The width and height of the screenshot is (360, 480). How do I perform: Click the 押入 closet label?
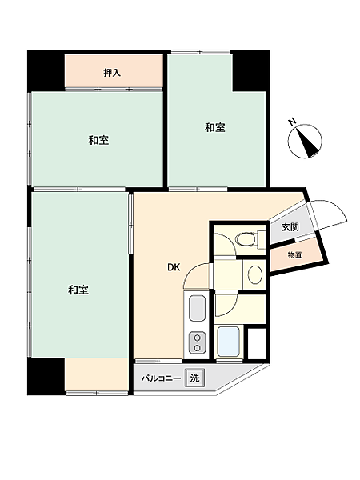click(x=112, y=73)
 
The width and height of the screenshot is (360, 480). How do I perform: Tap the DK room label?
click(x=174, y=268)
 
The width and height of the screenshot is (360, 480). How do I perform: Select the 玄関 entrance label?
click(x=290, y=227)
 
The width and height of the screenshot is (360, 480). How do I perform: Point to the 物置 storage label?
click(x=294, y=255)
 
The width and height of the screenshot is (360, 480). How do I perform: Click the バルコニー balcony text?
click(x=160, y=378)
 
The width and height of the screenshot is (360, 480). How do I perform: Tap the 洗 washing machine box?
click(x=194, y=378)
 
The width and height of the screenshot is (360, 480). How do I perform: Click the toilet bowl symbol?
click(x=248, y=238)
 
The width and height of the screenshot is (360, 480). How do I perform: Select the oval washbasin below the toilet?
click(x=254, y=274)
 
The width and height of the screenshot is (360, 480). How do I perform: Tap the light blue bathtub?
click(x=230, y=342)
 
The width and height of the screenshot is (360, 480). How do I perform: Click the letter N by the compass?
click(x=293, y=122)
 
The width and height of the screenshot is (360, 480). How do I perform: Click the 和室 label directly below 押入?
click(x=98, y=141)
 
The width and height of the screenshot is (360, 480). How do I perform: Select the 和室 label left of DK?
click(x=78, y=290)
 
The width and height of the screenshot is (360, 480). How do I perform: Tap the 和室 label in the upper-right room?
click(x=214, y=127)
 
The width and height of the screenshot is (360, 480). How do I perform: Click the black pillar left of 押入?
click(x=46, y=71)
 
